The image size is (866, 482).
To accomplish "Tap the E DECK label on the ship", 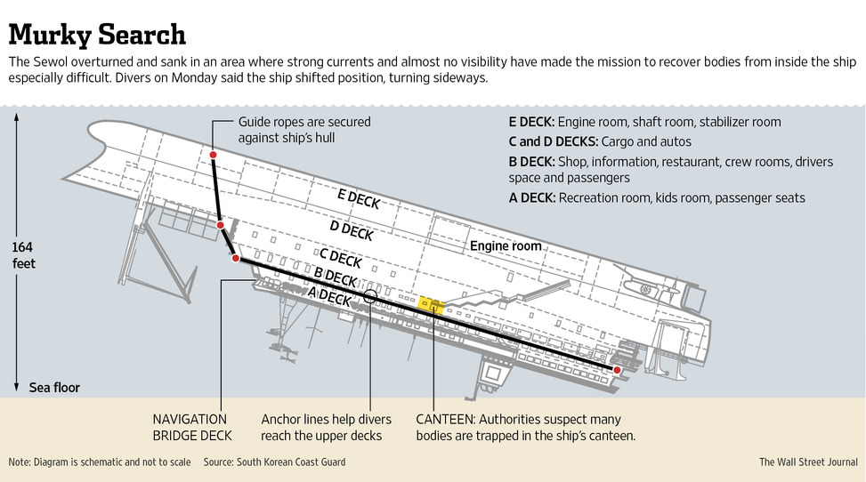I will pyautogui.click(x=359, y=199).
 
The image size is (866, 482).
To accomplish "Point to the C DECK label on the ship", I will pyautogui.click(x=339, y=259).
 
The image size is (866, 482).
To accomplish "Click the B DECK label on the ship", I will pyautogui.click(x=336, y=279).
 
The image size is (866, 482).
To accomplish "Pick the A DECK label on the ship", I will pyautogui.click(x=329, y=297).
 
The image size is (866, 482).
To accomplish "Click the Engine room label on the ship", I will pyautogui.click(x=506, y=245).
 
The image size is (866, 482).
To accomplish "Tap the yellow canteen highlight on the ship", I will pyautogui.click(x=431, y=305).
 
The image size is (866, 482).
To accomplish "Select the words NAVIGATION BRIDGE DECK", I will pyautogui.click(x=190, y=427).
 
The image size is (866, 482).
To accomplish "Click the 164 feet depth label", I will pyautogui.click(x=24, y=255).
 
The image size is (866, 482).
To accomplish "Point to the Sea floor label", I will pyautogui.click(x=54, y=388).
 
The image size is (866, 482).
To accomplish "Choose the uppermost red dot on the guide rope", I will pyautogui.click(x=214, y=156).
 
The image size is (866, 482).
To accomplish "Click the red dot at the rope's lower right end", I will pyautogui.click(x=616, y=368).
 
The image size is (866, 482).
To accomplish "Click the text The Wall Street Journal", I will pyautogui.click(x=807, y=462).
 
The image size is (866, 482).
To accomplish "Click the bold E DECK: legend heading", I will pyautogui.click(x=531, y=122).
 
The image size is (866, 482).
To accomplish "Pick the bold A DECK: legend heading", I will pyautogui.click(x=531, y=197).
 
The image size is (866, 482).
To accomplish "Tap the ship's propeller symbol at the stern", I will pyautogui.click(x=644, y=289).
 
